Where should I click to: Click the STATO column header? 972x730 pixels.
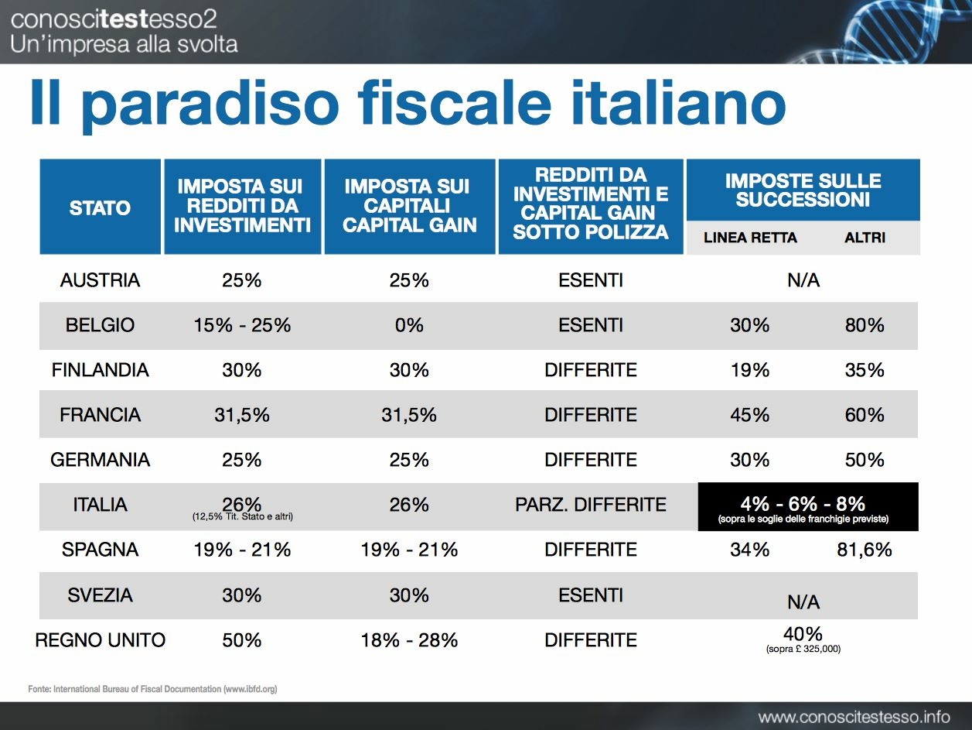[100, 207]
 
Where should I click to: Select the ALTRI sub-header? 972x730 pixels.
[865, 238]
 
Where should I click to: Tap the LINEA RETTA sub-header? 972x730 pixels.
[750, 238]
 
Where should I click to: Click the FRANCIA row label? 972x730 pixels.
[100, 415]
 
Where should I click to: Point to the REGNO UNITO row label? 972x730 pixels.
[101, 640]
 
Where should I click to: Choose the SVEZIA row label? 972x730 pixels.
[100, 595]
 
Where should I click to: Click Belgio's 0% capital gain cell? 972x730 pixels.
[409, 325]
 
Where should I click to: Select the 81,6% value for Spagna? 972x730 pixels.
[865, 550]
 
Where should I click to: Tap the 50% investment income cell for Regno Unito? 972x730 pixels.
[242, 640]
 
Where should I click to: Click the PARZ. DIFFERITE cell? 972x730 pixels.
[591, 505]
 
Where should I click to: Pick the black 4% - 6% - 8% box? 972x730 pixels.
[808, 507]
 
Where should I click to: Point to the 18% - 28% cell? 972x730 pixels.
[409, 640]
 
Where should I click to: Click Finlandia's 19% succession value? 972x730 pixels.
[750, 370]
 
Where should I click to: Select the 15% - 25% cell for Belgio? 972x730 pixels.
[242, 325]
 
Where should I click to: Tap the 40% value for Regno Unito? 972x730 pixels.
[803, 634]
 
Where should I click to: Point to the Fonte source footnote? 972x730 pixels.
[152, 688]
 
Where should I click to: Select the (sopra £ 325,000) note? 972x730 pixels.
[803, 649]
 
